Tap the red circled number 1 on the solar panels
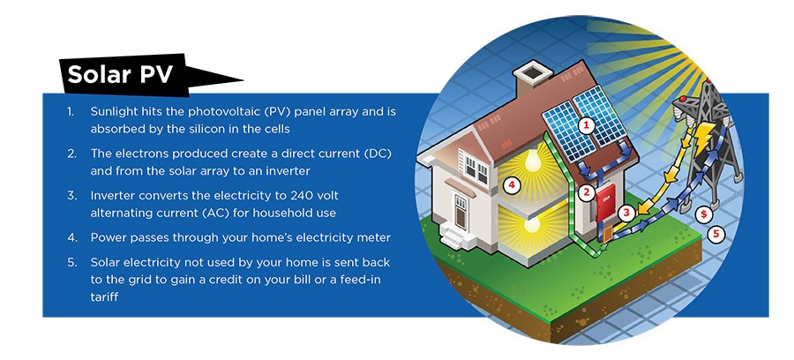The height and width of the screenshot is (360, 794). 586,125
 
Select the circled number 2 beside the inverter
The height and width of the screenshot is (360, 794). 587,192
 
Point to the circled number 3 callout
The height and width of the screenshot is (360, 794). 626,214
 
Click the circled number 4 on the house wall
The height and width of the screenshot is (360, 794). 512,186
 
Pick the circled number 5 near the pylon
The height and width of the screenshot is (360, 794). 716,234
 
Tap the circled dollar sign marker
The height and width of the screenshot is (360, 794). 703,214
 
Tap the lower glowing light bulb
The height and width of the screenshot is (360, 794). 532,223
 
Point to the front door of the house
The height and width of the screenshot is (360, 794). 461,213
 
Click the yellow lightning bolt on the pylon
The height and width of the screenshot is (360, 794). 703,138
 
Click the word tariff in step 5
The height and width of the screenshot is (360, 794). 104,296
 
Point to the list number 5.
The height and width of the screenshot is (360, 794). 71,262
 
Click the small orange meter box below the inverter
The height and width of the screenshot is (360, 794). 607,234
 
